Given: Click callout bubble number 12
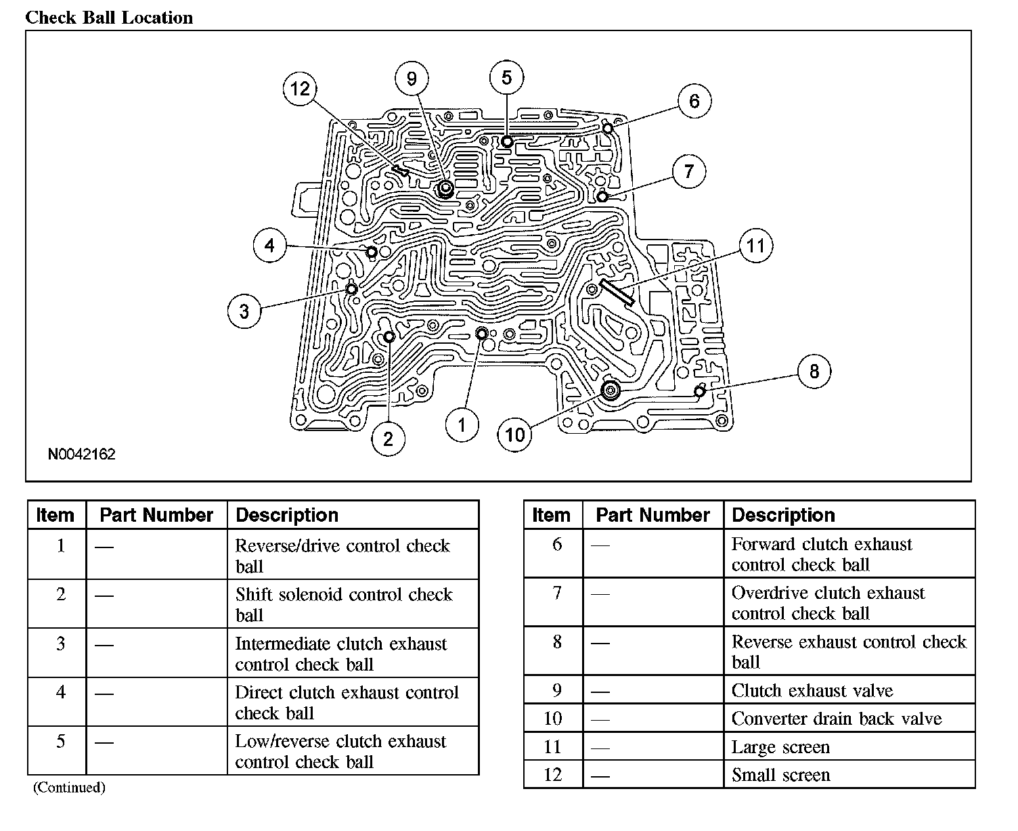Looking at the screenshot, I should pyautogui.click(x=300, y=89).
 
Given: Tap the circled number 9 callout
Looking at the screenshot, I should pyautogui.click(x=412, y=79).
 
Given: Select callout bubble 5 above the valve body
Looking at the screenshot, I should pyautogui.click(x=507, y=78).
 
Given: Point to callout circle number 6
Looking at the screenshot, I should pyautogui.click(x=694, y=102).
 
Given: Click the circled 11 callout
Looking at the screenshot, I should pyautogui.click(x=755, y=245).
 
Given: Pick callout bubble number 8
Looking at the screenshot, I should pyautogui.click(x=814, y=371).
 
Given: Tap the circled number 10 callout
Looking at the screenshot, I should pyautogui.click(x=515, y=434).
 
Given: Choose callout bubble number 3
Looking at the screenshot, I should pyautogui.click(x=244, y=311).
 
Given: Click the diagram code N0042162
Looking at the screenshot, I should pyautogui.click(x=81, y=454).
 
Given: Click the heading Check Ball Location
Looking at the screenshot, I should pyautogui.click(x=109, y=18).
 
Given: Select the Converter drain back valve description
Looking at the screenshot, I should pyautogui.click(x=837, y=719).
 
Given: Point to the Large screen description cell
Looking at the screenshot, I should pyautogui.click(x=780, y=747).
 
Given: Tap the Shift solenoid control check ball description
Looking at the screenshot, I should pyautogui.click(x=343, y=604).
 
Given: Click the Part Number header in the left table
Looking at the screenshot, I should pyautogui.click(x=156, y=515).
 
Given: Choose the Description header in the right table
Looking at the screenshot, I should pyautogui.click(x=783, y=515).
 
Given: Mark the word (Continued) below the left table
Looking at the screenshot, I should pyautogui.click(x=69, y=788).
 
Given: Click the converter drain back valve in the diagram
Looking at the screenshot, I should pyautogui.click(x=611, y=390).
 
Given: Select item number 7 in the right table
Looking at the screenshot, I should pyautogui.click(x=557, y=593).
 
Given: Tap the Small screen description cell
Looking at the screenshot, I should pyautogui.click(x=780, y=775).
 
